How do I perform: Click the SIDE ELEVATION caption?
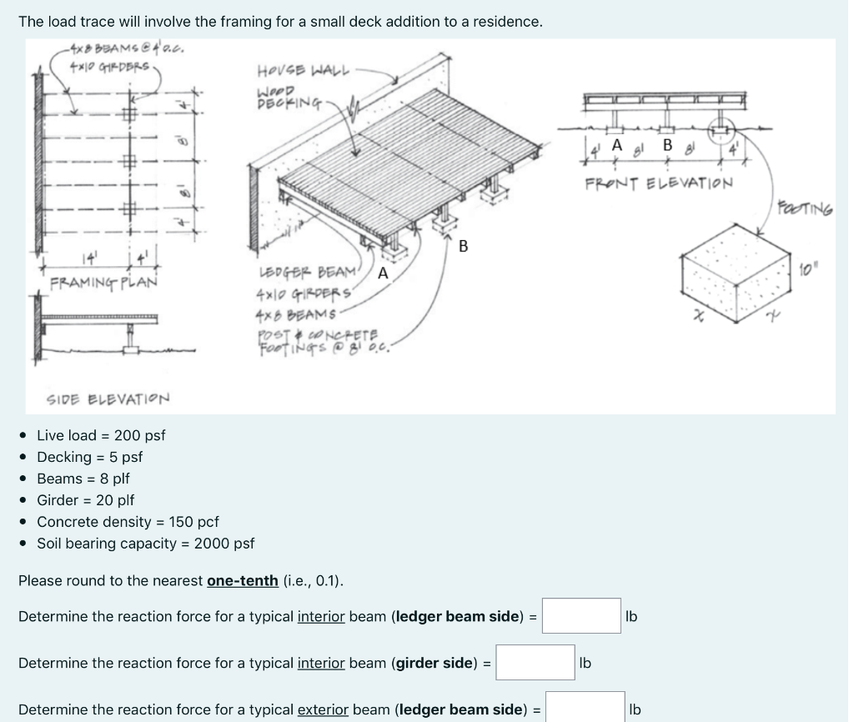pyautogui.click(x=108, y=399)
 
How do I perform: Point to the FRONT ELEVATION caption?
pyautogui.click(x=659, y=183)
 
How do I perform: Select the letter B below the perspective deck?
pyautogui.click(x=464, y=246)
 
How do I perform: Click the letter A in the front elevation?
pyautogui.click(x=616, y=144)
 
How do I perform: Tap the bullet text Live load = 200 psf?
pyautogui.click(x=101, y=435)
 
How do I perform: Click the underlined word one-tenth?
pyautogui.click(x=242, y=580)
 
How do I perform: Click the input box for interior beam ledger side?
pyautogui.click(x=581, y=616)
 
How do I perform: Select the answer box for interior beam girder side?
pyautogui.click(x=535, y=663)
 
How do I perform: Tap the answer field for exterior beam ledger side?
pyautogui.click(x=585, y=708)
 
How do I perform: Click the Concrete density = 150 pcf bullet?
pyautogui.click(x=128, y=522)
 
